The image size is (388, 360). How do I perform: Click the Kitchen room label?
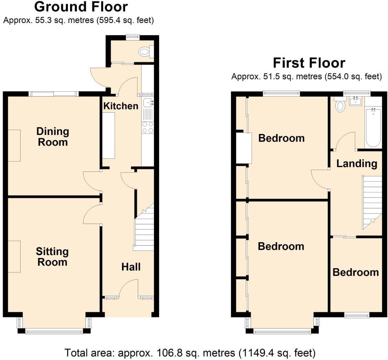[x=121, y=106]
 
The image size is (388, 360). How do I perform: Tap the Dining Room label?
[x=53, y=136]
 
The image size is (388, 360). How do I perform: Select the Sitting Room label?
[x=52, y=257]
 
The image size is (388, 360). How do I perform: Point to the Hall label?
[x=131, y=267]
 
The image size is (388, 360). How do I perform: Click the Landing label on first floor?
[x=356, y=163]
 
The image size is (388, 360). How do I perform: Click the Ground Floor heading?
[x=81, y=7]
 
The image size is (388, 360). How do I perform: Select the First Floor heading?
[x=309, y=63]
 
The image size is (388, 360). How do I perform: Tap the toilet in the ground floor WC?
[x=144, y=52]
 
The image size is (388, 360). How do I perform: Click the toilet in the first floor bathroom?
[x=340, y=106]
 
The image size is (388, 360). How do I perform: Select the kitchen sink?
[x=148, y=102]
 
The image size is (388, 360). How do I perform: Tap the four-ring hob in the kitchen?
[x=148, y=127]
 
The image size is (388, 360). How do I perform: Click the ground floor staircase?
[x=144, y=228]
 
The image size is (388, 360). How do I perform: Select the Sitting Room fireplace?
[x=14, y=256]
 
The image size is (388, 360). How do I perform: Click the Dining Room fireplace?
[x=14, y=145]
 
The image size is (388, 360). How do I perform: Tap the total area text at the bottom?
[x=190, y=352]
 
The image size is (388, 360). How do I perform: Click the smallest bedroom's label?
[x=355, y=272]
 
